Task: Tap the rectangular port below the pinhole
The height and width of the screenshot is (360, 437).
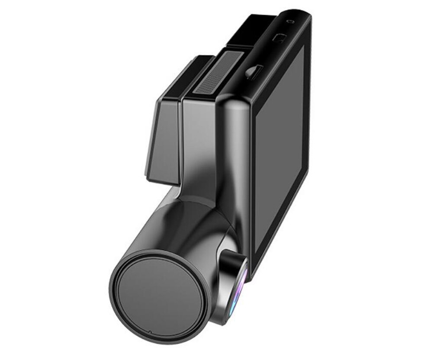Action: [x=280, y=38]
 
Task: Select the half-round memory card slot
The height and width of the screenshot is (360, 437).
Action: [x=253, y=71]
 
